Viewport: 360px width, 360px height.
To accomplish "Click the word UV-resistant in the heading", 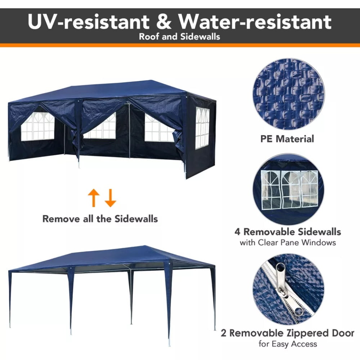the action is pos(89,22).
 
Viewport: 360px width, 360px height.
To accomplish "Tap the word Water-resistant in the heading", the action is pos(255,22).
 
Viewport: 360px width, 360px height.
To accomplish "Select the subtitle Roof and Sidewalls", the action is pos(180,37).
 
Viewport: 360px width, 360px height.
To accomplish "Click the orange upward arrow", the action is pos(94,198).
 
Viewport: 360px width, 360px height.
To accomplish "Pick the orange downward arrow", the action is pos(110,198).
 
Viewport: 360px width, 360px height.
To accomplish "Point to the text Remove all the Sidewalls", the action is pos(100,219).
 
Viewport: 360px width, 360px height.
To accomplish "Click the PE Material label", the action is pos(287,139).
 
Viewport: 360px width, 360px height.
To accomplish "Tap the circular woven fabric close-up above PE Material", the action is pos(289,94).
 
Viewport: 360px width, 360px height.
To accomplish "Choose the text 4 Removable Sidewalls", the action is pos(288,232).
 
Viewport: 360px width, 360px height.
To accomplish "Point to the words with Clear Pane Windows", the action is pos(288,243).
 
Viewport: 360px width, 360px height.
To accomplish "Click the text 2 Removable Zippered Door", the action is pos(287,333).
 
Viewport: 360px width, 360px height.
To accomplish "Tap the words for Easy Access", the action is pos(288,344).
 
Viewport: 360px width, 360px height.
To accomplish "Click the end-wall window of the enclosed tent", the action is pos(202,128).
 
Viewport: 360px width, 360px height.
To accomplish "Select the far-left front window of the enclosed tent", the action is pos(38,126).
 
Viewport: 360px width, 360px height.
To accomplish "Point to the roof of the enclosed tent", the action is pos(112,90).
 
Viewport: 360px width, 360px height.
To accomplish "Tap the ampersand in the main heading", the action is pos(163,22).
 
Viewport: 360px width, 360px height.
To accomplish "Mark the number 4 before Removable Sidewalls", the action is pos(237,232).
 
